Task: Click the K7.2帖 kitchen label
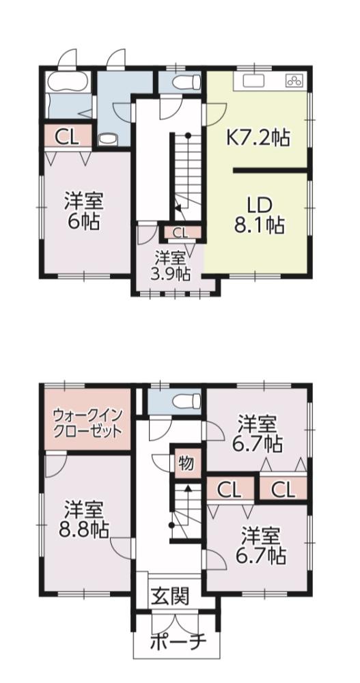click(257, 138)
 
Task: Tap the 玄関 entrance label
click(170, 596)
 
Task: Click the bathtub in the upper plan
click(68, 82)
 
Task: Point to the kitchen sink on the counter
click(251, 81)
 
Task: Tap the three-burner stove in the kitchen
click(296, 80)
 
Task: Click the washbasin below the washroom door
click(107, 139)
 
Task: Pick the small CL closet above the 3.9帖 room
click(180, 232)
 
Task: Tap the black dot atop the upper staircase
click(188, 135)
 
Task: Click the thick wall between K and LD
click(271, 170)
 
